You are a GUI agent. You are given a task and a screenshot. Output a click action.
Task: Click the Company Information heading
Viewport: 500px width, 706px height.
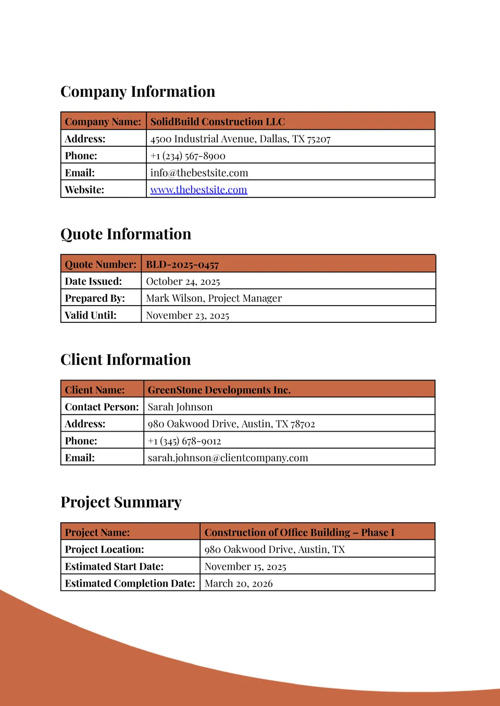[137, 92]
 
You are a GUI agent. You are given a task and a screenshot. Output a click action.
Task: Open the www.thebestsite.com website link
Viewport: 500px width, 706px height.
[198, 190]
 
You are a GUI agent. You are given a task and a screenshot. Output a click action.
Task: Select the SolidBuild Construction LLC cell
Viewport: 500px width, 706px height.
[217, 122]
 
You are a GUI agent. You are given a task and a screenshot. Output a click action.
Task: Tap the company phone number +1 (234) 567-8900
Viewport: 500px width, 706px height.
[187, 156]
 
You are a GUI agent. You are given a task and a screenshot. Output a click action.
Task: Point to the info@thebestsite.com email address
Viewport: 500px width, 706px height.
[199, 173]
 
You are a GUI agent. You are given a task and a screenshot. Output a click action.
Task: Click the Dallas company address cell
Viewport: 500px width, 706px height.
[240, 139]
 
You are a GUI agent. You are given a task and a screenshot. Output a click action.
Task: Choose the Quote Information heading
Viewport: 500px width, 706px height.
[126, 234]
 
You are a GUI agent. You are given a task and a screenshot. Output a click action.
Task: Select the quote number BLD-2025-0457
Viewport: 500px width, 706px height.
[182, 264]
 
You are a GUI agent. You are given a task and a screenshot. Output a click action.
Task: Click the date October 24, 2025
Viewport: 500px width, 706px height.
[183, 282]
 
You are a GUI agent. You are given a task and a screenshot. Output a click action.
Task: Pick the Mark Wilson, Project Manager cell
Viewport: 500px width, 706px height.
[214, 298]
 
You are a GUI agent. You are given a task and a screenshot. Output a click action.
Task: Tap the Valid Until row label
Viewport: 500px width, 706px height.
[91, 315]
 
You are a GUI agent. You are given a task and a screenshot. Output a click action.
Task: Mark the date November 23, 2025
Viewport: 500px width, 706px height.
[187, 316]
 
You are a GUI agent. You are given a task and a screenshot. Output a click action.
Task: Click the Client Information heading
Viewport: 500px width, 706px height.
[126, 360]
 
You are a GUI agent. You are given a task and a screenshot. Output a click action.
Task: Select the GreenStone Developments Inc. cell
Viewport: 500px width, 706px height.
[219, 390]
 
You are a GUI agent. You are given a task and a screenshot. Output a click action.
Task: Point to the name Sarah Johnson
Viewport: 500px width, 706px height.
[180, 407]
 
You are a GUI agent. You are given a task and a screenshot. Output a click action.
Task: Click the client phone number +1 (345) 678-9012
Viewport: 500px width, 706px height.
[184, 441]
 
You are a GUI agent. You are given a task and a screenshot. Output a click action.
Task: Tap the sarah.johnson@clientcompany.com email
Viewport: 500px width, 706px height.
[228, 458]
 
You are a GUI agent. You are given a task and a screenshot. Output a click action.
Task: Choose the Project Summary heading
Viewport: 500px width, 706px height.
[121, 502]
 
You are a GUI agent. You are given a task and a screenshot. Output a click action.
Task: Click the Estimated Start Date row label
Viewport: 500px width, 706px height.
[114, 566]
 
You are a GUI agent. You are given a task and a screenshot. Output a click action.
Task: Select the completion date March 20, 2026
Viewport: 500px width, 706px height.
[239, 584]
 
